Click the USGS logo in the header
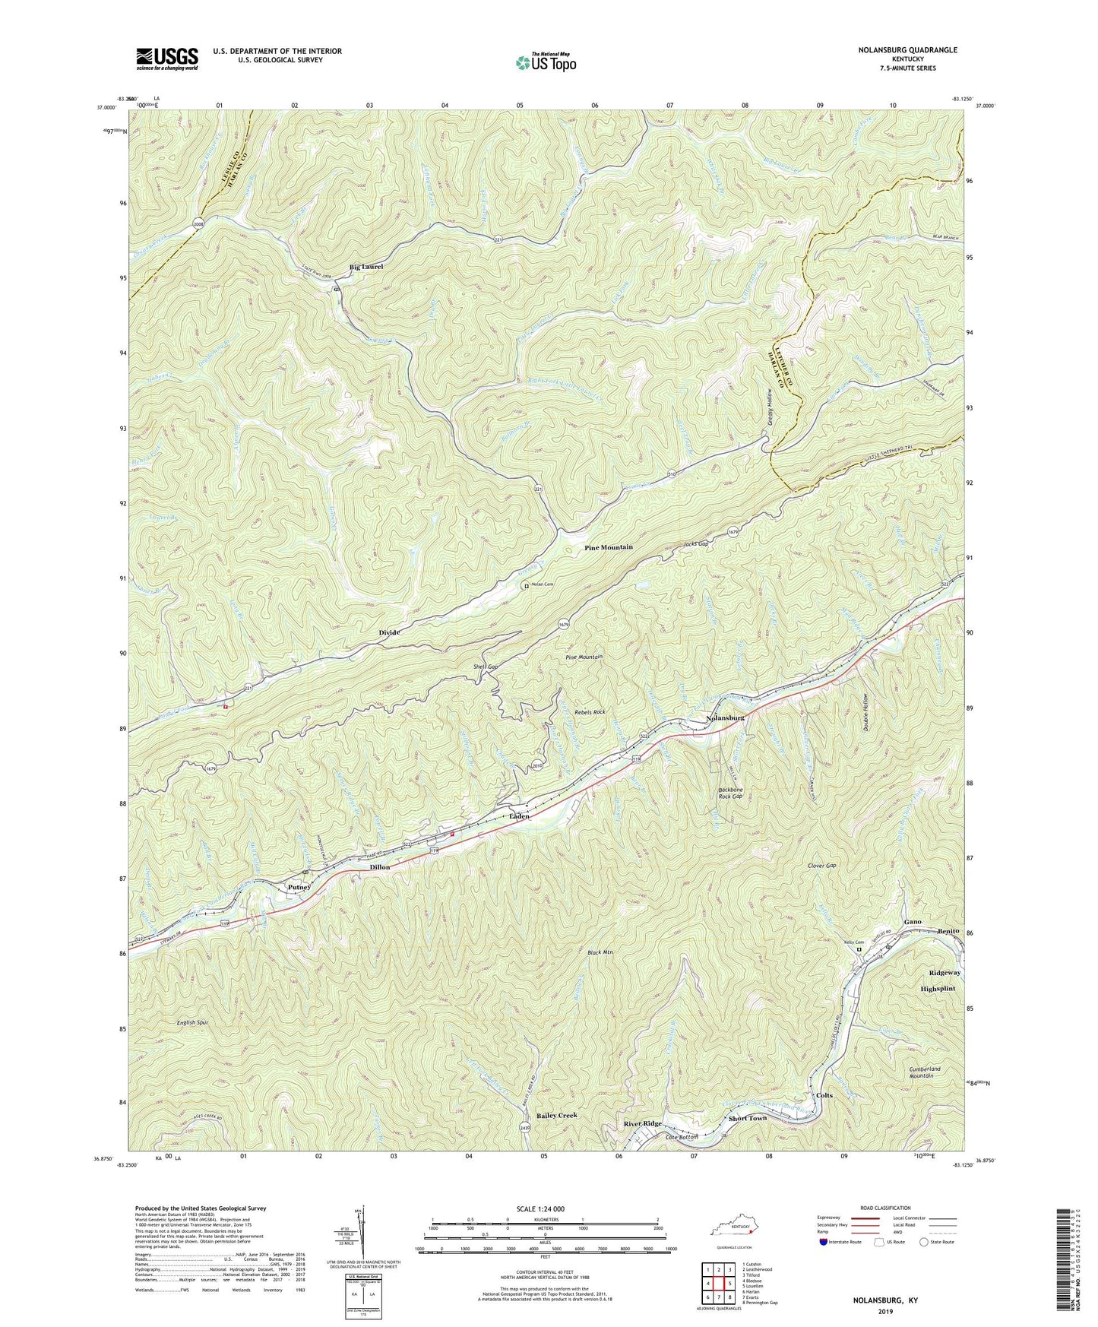(x=167, y=58)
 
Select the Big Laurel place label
(x=366, y=267)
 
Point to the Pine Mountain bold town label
(x=608, y=547)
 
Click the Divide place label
(x=390, y=632)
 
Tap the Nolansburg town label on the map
(x=725, y=717)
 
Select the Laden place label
(x=519, y=816)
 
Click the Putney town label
(x=300, y=887)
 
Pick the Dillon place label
(x=379, y=866)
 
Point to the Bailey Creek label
(x=557, y=1115)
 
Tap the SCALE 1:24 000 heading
(x=546, y=1208)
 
